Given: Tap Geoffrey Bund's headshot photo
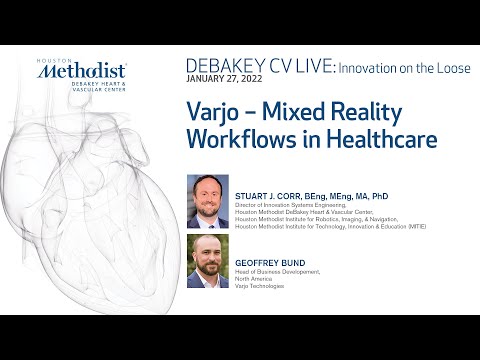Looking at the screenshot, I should click(x=207, y=260).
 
